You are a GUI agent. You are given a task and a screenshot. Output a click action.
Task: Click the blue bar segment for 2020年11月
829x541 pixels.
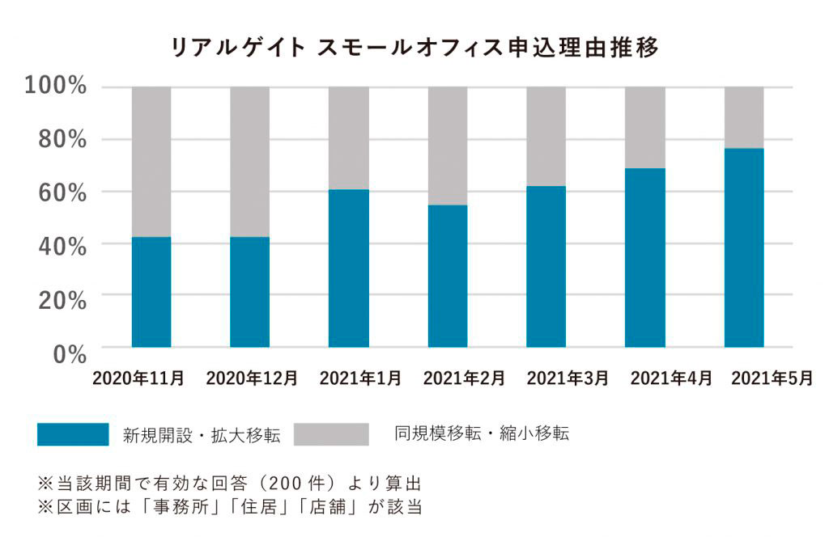(151, 292)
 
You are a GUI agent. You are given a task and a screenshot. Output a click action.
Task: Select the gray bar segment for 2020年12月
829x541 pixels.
(250, 162)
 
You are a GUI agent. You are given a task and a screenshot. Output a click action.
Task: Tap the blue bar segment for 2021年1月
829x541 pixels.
(349, 268)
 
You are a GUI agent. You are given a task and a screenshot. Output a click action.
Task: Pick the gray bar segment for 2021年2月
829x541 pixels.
(448, 146)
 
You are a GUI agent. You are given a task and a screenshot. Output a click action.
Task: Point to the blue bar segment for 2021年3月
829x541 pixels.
(546, 267)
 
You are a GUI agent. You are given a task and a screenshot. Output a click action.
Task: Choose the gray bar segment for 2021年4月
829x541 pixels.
(645, 127)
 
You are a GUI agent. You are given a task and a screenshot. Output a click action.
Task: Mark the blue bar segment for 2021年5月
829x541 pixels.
(744, 247)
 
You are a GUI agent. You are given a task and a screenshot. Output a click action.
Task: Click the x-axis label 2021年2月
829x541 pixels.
(464, 378)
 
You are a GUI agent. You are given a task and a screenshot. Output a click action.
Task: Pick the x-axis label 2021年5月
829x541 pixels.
(772, 378)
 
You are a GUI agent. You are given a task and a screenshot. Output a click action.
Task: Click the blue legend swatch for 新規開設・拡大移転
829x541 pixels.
(73, 434)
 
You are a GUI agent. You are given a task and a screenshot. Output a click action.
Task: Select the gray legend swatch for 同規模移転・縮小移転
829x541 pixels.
(330, 434)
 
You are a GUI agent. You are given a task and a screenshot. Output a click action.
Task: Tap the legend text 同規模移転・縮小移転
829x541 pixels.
(482, 434)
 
